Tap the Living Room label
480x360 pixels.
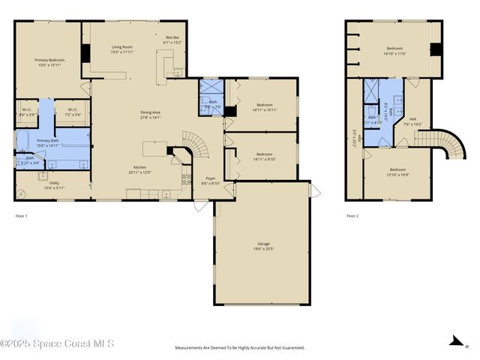(x=122, y=49)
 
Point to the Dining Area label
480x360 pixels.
(x=151, y=115)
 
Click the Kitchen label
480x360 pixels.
(x=139, y=169)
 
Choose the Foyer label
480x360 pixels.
(x=211, y=180)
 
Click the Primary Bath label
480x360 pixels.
(x=48, y=142)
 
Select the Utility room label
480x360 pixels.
(x=54, y=184)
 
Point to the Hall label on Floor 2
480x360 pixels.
(x=412, y=121)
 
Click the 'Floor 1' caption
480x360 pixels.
(x=21, y=216)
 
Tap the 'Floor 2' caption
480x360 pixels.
(x=352, y=216)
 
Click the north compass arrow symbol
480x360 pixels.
(x=455, y=342)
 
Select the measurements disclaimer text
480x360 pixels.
(x=240, y=348)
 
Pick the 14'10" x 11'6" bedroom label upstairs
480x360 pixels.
(x=394, y=51)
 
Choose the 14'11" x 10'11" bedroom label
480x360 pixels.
(x=265, y=107)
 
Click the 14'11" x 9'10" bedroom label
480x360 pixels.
(x=265, y=156)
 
